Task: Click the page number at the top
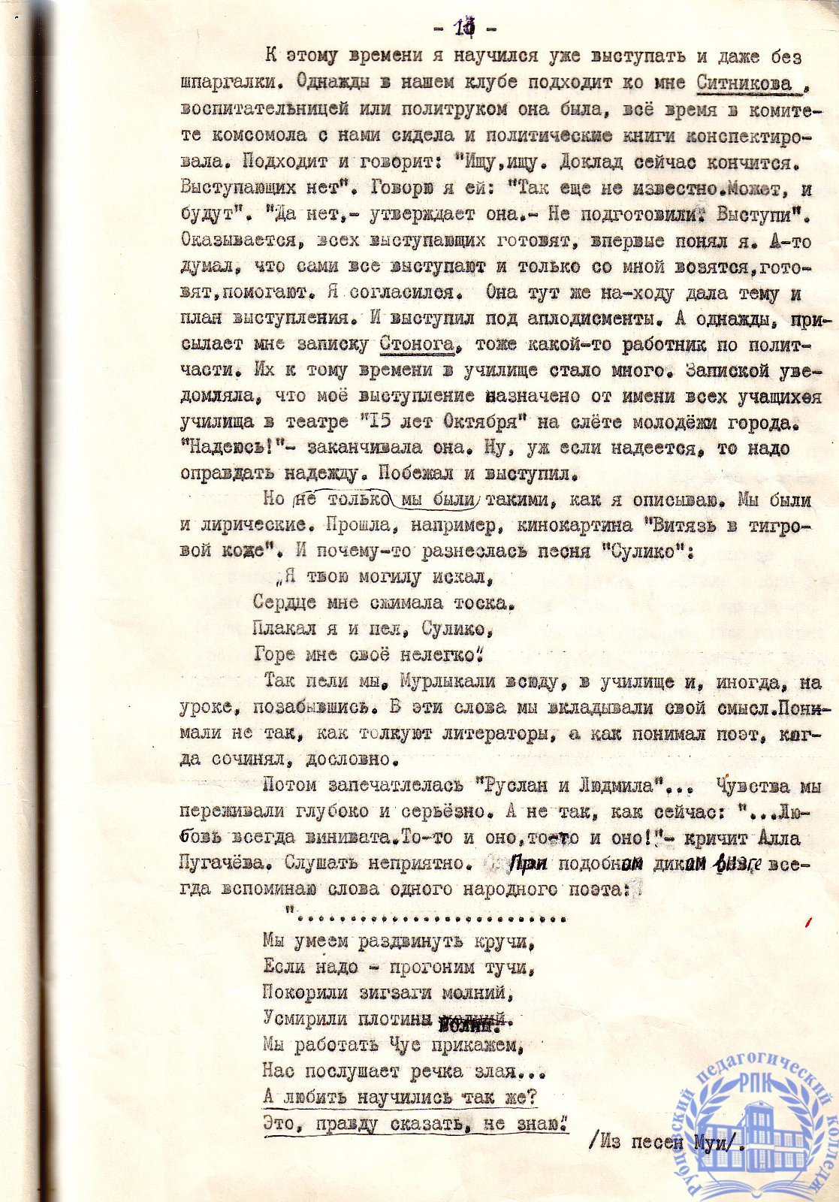(464, 29)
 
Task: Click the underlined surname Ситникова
(744, 83)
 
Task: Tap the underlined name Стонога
(417, 344)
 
